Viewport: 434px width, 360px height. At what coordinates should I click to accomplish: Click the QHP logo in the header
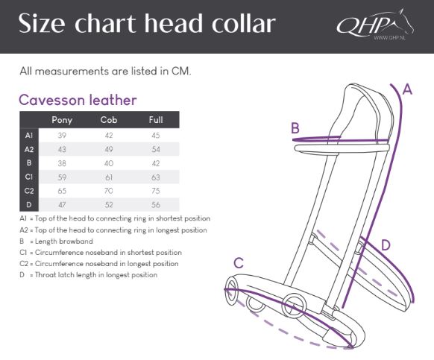[375, 25]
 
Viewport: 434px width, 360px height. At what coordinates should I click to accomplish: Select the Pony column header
[62, 120]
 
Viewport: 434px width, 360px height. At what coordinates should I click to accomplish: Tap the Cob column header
[109, 120]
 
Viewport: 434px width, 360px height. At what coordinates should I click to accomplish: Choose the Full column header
[156, 120]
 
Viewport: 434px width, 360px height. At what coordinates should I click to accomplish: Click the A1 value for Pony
[62, 136]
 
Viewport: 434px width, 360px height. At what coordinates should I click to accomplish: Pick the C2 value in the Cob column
[109, 191]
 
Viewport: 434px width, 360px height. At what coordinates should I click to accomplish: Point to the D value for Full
[156, 205]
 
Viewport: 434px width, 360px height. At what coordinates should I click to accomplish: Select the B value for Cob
[109, 163]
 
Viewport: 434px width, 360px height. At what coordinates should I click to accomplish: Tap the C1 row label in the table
[29, 177]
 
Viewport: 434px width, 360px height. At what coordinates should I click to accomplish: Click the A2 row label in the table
[29, 149]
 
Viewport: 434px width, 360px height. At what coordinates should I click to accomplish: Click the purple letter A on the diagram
[407, 89]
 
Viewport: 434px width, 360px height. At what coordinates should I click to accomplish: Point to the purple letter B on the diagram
[295, 128]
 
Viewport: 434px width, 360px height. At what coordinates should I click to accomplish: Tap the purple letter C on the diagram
[239, 263]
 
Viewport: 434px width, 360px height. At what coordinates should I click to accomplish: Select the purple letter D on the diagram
[386, 245]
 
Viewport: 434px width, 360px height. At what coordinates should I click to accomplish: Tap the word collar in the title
[244, 24]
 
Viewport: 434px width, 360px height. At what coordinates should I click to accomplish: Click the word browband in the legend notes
[76, 241]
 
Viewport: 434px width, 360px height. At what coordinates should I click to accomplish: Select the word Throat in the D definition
[45, 275]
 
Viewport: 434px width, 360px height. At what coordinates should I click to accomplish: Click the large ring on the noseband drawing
[294, 306]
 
